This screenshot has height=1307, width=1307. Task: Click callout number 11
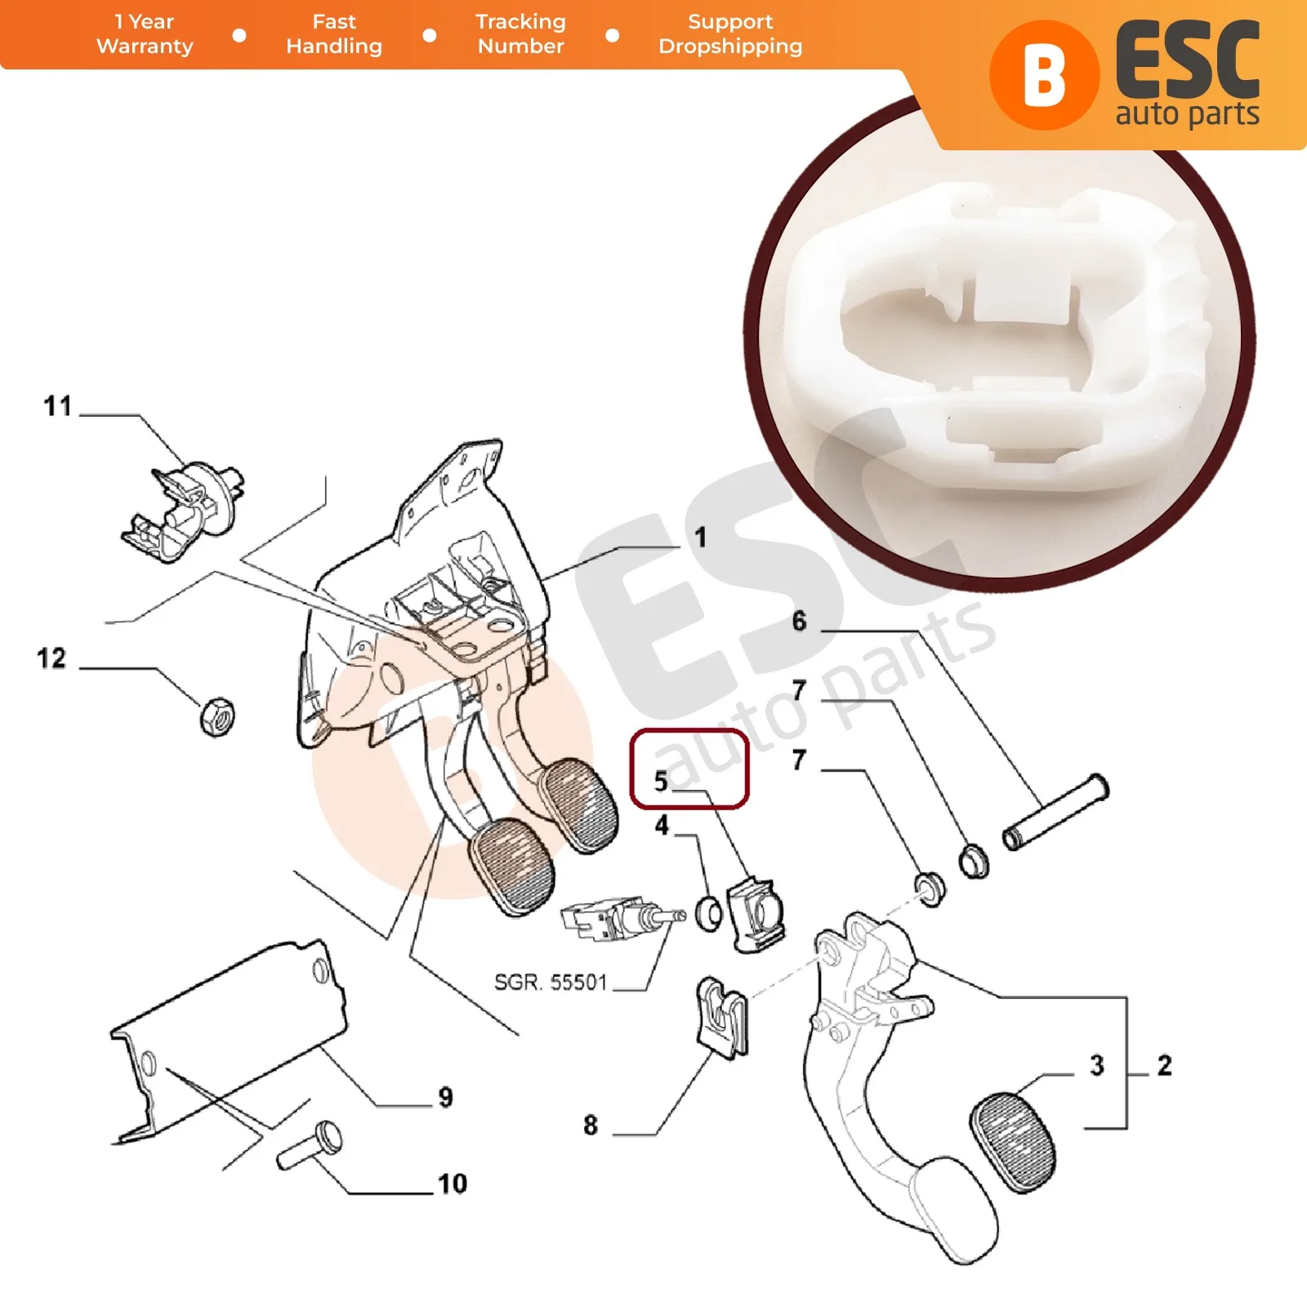pos(58,406)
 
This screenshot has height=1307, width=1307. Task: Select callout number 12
pos(51,658)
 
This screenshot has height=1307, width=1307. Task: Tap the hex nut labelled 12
pos(217,717)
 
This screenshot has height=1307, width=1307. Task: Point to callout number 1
pos(700,538)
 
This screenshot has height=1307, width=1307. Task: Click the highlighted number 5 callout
pos(661,781)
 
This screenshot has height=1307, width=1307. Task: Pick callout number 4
pos(662,826)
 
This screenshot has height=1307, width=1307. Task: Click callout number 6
pos(799,622)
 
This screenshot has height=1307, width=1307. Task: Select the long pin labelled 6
pos(1055,813)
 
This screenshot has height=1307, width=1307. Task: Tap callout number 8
pos(591,1126)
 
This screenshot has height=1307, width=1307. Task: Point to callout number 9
pos(445,1097)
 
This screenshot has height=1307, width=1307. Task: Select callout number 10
pos(453,1184)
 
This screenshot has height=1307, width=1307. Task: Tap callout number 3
pos(1097,1065)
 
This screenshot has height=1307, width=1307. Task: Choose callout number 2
pos(1164,1065)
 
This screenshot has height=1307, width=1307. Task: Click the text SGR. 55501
pos(551,982)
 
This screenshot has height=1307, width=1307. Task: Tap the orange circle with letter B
pos(1044,75)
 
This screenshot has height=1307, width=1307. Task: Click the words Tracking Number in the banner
pos(520,33)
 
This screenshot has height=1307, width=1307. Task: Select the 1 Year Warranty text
pos(145,33)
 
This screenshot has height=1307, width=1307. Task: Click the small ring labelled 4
pos(709,913)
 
